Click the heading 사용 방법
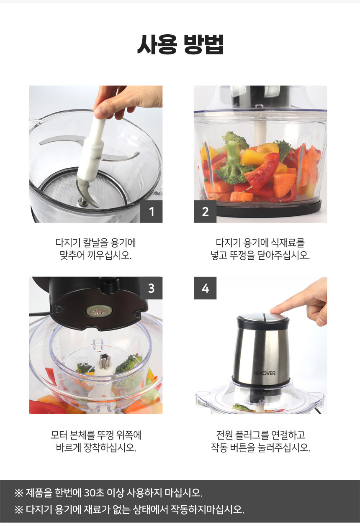pos(180,44)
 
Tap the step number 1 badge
pos(151,212)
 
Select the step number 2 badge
pos(205,212)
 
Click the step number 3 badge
pos(151,288)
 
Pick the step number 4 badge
pos(205,288)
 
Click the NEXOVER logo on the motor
pos(264,373)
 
